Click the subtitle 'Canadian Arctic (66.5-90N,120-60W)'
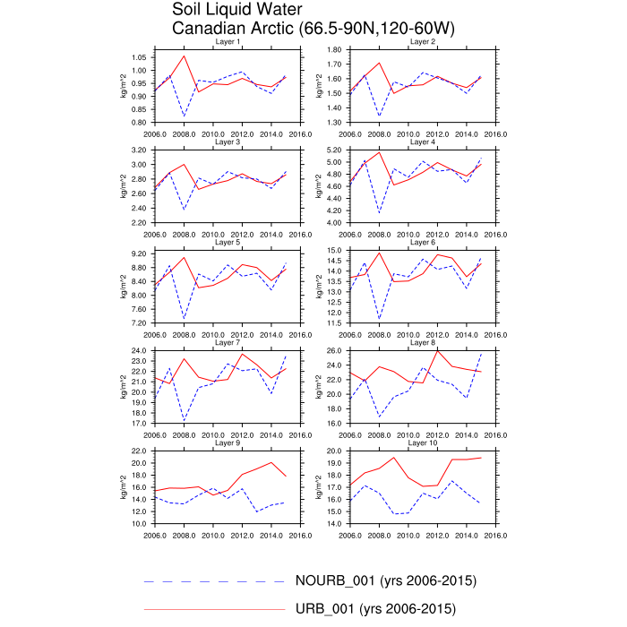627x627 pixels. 313,30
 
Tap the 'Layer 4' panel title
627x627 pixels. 423,142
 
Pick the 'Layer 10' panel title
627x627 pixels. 423,442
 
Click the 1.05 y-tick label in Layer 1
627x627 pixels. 139,57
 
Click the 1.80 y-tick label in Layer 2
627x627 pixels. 336,50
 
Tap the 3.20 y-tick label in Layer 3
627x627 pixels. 139,150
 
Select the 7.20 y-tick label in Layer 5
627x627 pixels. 139,322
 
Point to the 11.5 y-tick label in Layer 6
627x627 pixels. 336,322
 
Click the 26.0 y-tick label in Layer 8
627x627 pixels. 336,350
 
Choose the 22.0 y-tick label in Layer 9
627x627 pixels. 139,451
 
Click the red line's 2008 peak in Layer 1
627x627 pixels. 184,56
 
